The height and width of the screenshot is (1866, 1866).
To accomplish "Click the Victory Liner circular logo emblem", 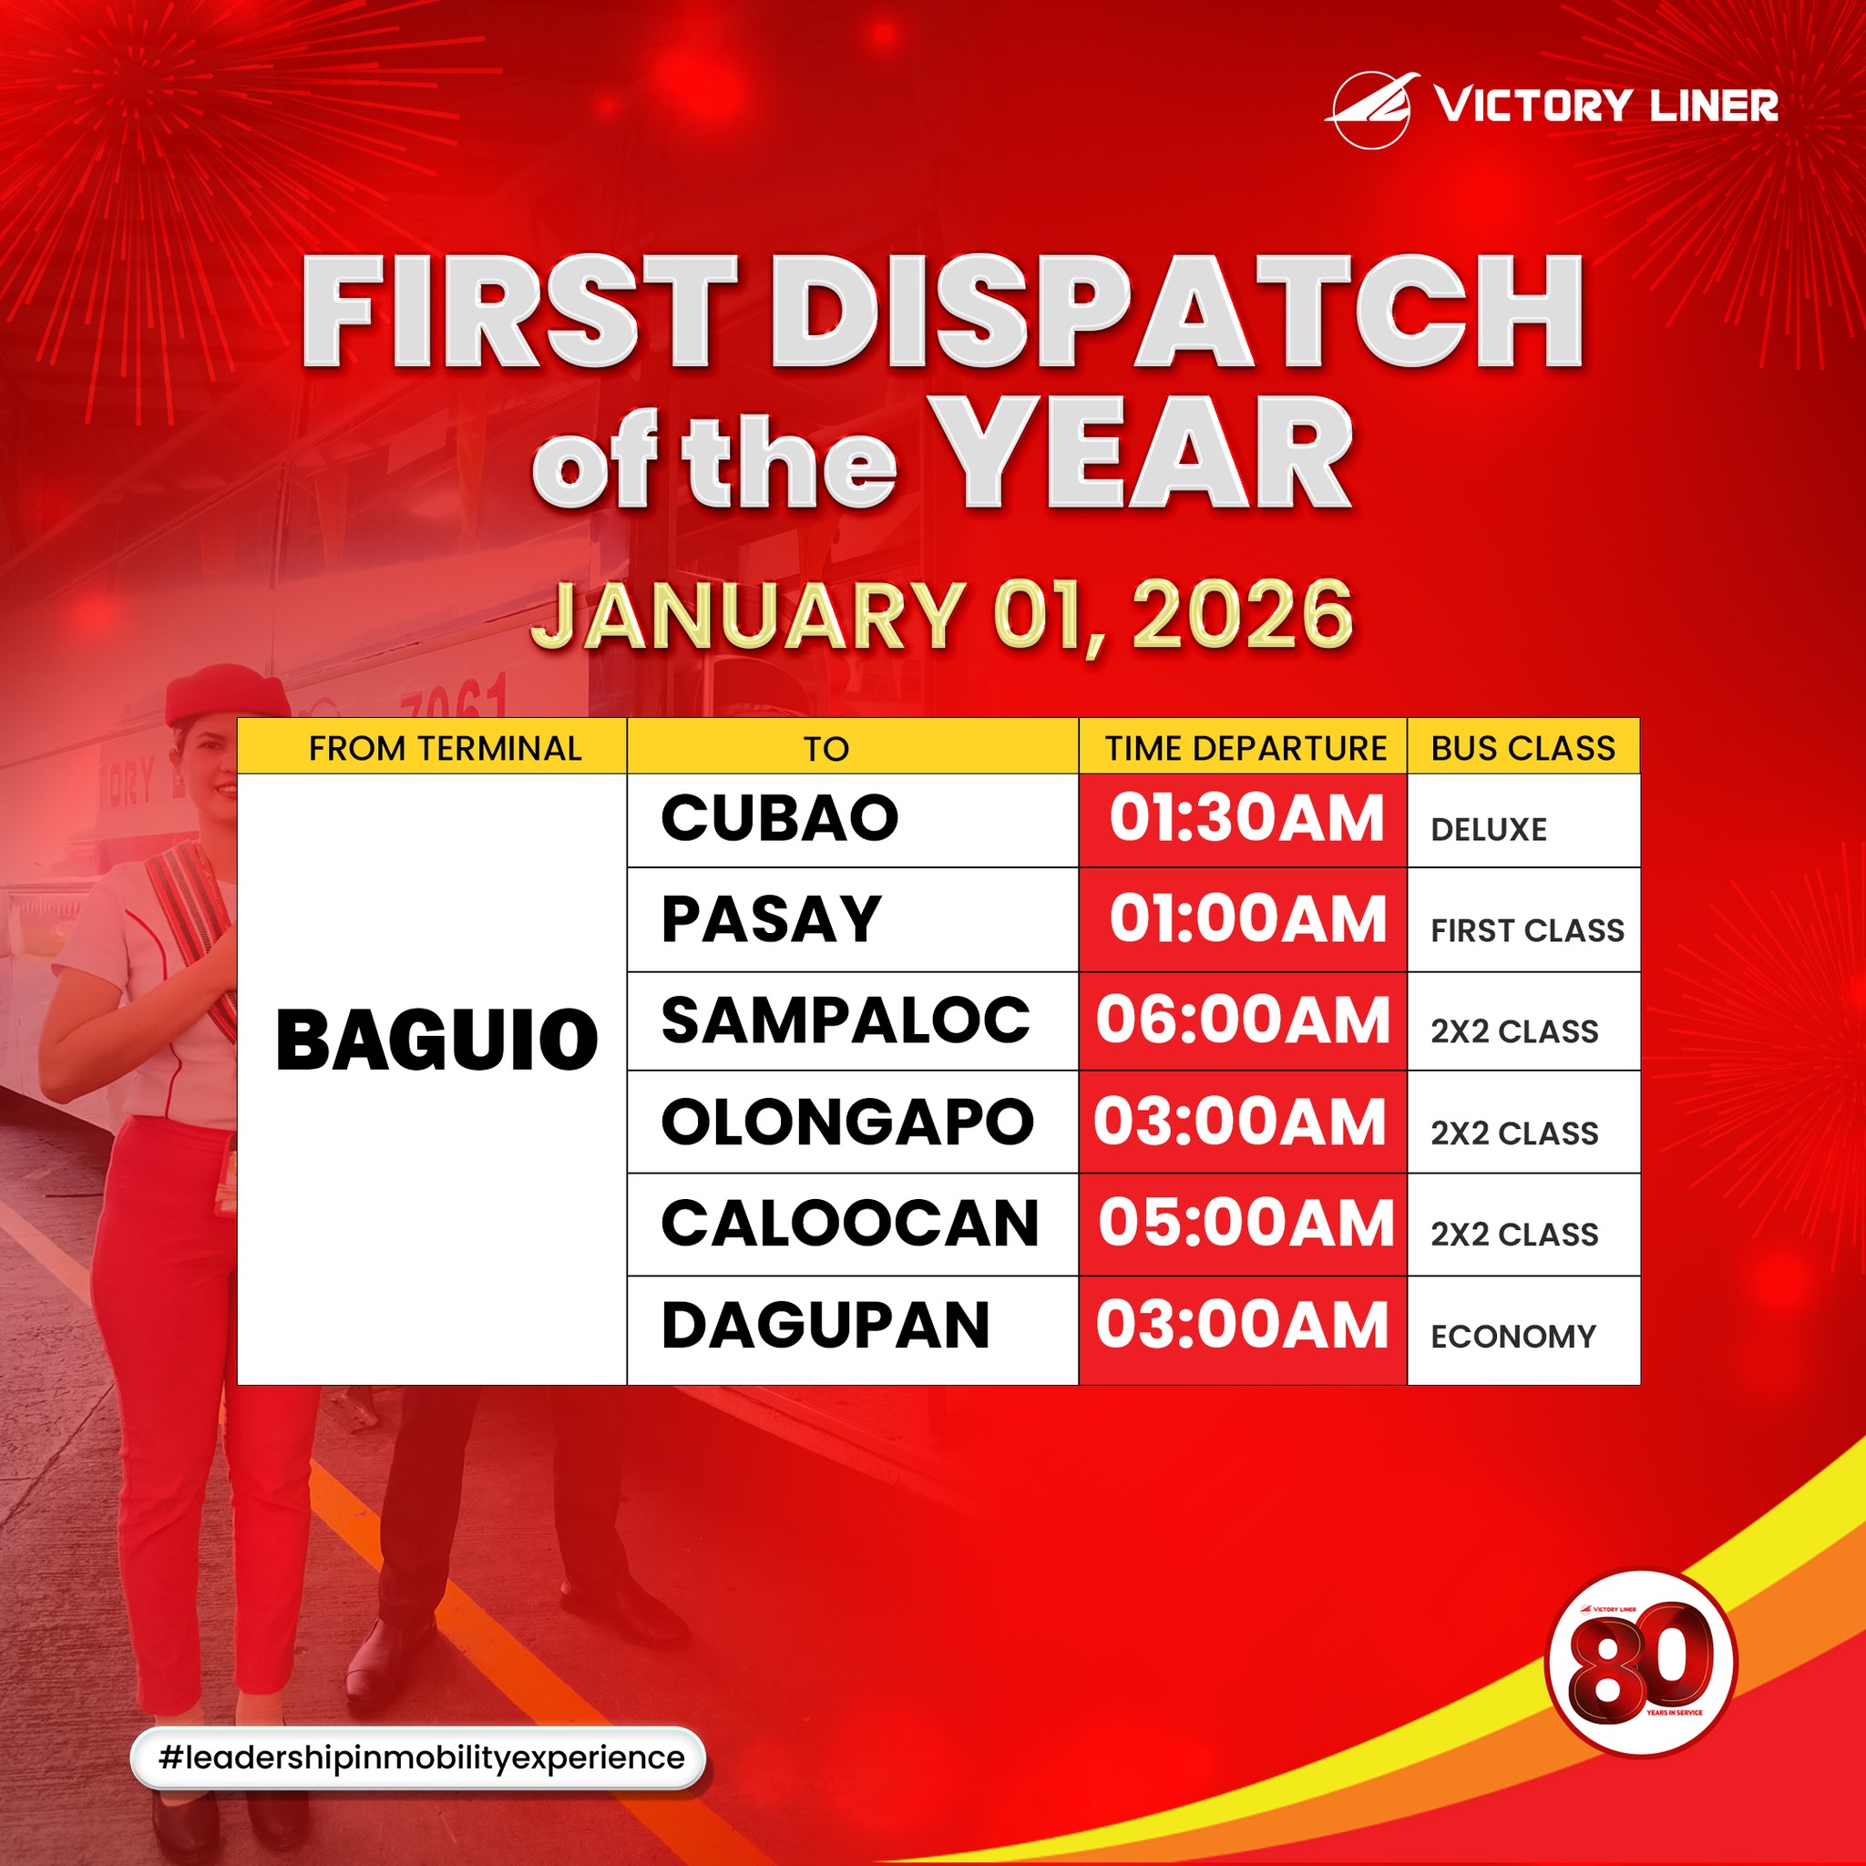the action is (1371, 110).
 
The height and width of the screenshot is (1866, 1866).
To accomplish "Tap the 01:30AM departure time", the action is (1246, 818).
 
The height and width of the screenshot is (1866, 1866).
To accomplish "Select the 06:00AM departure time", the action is (1243, 1020).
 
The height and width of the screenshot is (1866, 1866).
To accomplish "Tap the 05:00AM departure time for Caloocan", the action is (1246, 1224).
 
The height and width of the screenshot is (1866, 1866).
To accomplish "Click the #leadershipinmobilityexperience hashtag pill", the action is (418, 1758).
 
